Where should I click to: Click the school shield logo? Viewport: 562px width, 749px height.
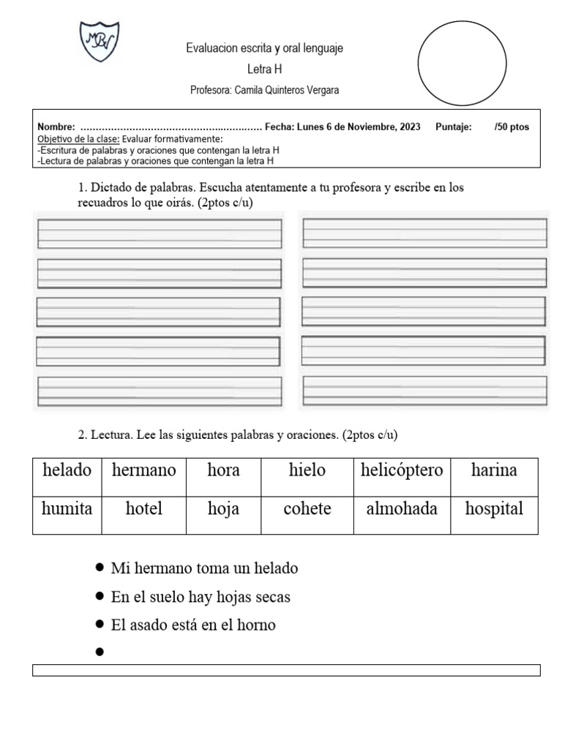(x=99, y=42)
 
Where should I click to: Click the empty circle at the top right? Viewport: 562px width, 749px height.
(x=462, y=64)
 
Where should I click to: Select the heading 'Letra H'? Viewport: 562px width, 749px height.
(x=264, y=69)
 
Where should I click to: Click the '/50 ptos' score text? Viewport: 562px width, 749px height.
(x=512, y=127)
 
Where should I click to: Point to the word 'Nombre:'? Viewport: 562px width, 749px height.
(x=56, y=127)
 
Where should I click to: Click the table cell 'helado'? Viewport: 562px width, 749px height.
(x=67, y=470)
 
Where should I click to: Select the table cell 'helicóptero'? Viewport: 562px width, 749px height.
(x=402, y=470)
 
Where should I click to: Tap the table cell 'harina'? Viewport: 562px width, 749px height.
(x=494, y=470)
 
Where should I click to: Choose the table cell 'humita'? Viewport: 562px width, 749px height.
(x=67, y=509)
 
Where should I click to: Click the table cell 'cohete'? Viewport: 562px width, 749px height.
(x=307, y=509)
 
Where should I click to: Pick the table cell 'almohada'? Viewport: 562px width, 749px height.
(x=402, y=509)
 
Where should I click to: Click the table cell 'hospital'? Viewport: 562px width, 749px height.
(x=494, y=509)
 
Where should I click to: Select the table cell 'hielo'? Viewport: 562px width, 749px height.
(x=307, y=470)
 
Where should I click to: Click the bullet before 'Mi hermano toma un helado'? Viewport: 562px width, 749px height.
(x=100, y=568)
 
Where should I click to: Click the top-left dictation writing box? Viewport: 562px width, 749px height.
(x=159, y=233)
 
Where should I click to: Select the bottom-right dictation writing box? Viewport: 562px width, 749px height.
(x=424, y=391)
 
